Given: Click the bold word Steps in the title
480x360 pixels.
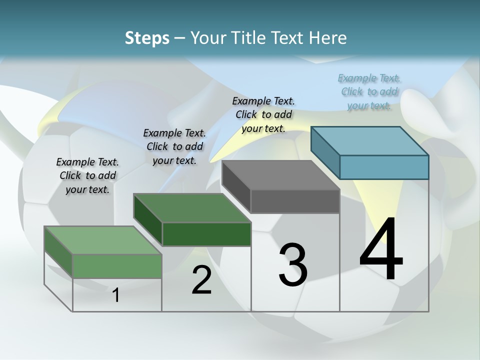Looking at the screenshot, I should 147,38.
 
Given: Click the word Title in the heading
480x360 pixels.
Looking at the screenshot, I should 249,38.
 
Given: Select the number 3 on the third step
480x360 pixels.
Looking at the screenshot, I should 293,265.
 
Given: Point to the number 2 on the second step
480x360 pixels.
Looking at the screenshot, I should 201,280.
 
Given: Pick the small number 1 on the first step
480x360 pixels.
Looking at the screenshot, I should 116,295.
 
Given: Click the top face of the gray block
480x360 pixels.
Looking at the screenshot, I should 281,174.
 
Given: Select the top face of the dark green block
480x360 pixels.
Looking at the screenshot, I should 192,207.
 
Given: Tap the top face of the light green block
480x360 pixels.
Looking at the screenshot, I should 103,240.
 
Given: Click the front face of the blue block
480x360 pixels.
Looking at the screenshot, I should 384,167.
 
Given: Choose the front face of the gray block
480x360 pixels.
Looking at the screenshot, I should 295,201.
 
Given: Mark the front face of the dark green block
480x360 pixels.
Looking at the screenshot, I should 206,234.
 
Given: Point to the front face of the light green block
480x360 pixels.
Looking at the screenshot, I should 117,266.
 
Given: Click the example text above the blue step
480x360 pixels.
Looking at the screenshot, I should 369,91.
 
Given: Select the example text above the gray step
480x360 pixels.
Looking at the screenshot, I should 263,114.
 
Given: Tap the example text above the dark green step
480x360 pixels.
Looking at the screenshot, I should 174,146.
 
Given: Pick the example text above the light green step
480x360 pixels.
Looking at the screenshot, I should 87,175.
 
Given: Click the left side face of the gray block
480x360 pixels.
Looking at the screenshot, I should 236,187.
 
